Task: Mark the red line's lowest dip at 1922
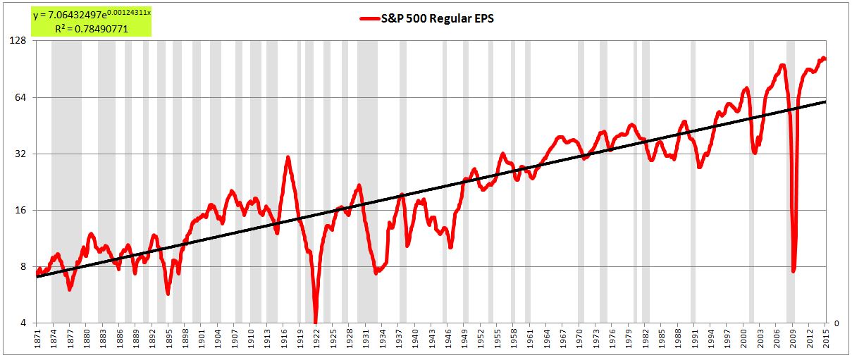316,321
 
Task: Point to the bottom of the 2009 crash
794,271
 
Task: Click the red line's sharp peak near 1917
288,157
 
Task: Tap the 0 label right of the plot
836,323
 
